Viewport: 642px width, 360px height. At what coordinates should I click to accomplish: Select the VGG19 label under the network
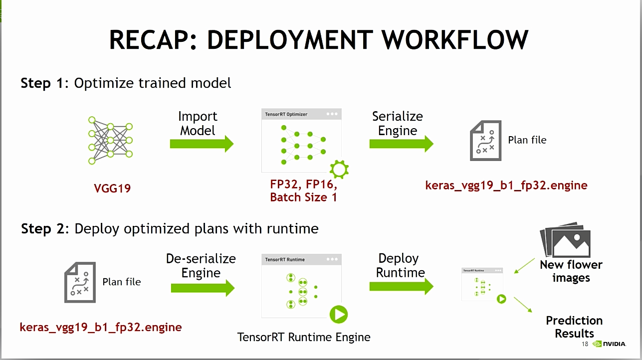click(112, 189)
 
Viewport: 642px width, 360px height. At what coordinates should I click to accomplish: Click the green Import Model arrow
click(202, 144)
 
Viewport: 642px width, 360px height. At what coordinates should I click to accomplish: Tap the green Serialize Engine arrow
click(401, 144)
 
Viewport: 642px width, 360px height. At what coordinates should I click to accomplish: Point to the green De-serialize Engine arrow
click(202, 288)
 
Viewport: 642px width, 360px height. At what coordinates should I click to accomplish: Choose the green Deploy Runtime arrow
click(401, 286)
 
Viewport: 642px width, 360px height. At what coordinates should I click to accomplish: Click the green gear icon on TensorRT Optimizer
click(339, 169)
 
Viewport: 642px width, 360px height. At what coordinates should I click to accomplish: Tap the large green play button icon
click(338, 315)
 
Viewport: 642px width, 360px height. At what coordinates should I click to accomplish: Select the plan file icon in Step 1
click(485, 141)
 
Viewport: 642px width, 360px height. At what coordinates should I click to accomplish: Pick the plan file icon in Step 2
click(80, 283)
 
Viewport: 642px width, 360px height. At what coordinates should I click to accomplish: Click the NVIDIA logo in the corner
click(610, 344)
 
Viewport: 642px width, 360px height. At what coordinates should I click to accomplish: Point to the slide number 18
click(585, 344)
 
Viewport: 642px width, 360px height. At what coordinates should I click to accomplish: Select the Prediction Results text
click(574, 327)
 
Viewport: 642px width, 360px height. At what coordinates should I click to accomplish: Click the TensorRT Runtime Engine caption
click(304, 338)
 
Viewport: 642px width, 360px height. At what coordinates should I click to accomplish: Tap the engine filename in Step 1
click(506, 185)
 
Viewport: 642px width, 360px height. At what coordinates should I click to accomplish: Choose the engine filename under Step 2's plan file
click(101, 328)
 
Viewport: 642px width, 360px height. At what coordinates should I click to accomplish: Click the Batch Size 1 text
click(303, 197)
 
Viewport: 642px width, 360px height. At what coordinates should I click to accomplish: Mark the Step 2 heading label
click(42, 229)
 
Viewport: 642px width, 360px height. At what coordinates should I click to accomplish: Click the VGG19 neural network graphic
click(110, 140)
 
